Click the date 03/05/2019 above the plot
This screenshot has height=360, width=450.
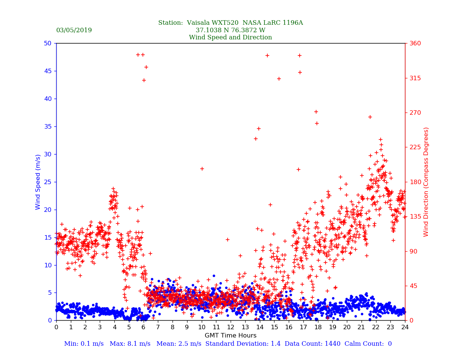click(74, 30)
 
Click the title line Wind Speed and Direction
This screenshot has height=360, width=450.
click(230, 37)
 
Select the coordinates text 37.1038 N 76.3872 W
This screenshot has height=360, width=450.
click(230, 30)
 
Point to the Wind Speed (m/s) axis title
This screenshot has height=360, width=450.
click(38, 182)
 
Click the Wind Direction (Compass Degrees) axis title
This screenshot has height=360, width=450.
click(426, 182)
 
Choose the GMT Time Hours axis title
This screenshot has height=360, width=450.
click(230, 336)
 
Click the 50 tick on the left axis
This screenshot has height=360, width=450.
click(48, 43)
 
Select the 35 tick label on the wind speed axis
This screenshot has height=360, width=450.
click(48, 126)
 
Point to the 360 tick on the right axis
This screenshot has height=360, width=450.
click(415, 43)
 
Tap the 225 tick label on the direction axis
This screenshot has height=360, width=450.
click(415, 147)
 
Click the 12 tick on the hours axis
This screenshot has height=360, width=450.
click(231, 327)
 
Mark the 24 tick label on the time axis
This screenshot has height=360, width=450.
click(405, 327)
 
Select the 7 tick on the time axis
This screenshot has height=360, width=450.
click(158, 327)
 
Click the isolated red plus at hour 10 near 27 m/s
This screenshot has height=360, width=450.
click(202, 169)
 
